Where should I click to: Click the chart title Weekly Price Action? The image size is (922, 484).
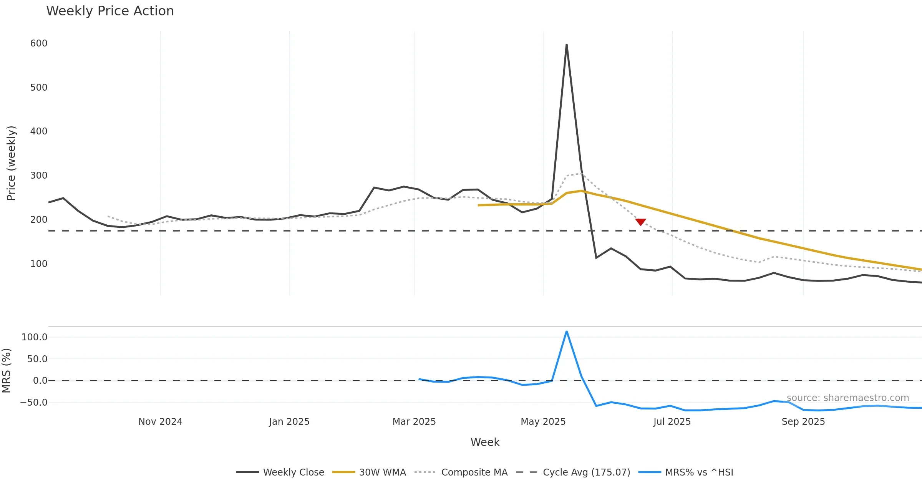[x=110, y=11]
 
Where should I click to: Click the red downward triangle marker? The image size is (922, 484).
[x=640, y=222]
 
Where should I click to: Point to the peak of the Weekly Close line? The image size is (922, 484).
[x=567, y=45]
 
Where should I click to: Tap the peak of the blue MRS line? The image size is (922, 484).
[x=567, y=332]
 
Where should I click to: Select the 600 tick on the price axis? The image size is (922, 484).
[x=39, y=43]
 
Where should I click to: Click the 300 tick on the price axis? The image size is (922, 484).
[x=39, y=176]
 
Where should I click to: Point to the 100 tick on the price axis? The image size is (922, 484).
[x=39, y=264]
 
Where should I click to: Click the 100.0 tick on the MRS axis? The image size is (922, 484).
[x=35, y=337]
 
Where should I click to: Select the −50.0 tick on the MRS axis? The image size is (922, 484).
[x=34, y=403]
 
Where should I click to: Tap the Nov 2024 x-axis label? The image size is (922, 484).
[x=160, y=422]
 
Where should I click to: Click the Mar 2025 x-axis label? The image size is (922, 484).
[x=414, y=422]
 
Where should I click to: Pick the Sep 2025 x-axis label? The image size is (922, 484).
[x=803, y=422]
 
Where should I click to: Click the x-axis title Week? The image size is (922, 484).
[x=485, y=443]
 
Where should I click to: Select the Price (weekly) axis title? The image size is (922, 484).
[x=12, y=163]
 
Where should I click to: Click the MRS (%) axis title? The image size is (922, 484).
[x=7, y=371]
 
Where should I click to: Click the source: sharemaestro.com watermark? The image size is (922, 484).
[x=848, y=398]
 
